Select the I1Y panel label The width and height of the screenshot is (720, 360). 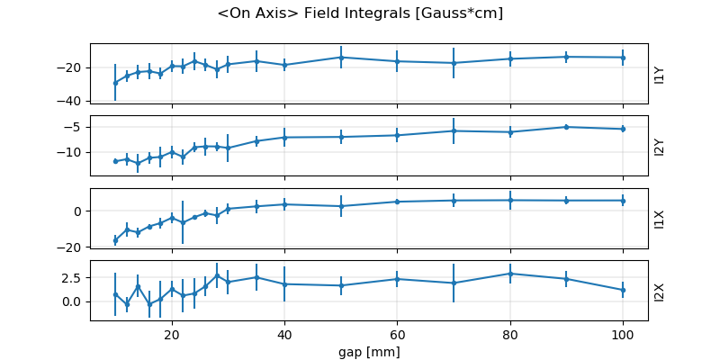[x=659, y=75]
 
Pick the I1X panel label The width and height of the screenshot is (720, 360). [x=659, y=219]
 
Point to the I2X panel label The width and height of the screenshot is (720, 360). [x=659, y=291]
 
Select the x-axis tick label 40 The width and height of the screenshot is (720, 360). [x=284, y=334]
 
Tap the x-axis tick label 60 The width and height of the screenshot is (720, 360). [x=397, y=334]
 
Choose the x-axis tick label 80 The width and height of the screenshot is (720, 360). [x=510, y=334]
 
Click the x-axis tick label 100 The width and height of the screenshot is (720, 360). [x=623, y=334]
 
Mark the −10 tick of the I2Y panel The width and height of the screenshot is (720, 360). [x=73, y=152]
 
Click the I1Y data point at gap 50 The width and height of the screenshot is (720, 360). [x=341, y=58]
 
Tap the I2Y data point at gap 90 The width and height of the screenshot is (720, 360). [x=566, y=127]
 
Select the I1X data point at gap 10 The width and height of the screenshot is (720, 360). [x=115, y=240]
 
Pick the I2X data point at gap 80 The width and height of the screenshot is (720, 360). [x=510, y=274]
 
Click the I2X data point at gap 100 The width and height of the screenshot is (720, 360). [x=623, y=290]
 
